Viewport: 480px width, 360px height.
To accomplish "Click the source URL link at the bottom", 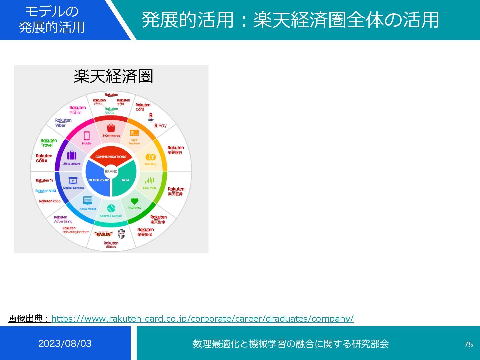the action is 202,319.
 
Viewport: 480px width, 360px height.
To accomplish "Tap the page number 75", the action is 468,344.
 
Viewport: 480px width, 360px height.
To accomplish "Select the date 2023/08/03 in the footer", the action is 65,343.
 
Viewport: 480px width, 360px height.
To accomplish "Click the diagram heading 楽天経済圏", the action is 113,76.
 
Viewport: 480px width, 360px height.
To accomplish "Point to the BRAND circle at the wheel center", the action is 111,171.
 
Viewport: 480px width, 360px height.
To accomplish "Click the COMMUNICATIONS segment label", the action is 111,157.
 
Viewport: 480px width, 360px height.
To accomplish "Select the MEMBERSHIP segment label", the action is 98,180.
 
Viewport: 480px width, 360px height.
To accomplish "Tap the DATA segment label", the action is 125,180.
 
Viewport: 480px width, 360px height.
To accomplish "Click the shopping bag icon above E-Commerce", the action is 111,128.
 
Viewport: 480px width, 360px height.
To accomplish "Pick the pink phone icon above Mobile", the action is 87,136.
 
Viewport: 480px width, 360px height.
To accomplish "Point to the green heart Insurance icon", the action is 134,201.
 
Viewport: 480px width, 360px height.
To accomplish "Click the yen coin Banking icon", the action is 151,157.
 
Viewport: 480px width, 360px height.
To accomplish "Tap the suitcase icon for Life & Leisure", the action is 72,155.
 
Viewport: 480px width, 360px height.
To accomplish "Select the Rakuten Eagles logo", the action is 103,234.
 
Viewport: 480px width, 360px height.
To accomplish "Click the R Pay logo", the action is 160,126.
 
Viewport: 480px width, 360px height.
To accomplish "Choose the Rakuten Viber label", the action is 63,123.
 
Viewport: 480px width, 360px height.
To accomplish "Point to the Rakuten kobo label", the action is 50,201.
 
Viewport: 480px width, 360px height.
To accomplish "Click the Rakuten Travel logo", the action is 49,143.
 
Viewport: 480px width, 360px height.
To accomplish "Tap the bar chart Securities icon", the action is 149,180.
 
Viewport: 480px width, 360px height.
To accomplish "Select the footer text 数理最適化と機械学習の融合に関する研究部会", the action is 291,344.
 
